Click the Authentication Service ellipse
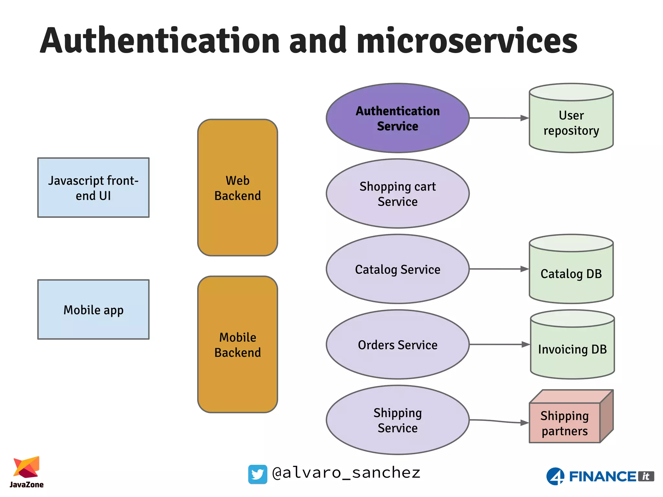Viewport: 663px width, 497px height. point(398,118)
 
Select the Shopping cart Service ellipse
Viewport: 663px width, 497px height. point(398,193)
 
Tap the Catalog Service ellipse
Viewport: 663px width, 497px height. point(398,269)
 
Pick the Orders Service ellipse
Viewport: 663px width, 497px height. point(398,345)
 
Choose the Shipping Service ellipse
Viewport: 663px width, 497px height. point(398,420)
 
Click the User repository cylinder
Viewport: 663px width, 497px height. point(571,123)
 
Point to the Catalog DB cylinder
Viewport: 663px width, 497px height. point(571,273)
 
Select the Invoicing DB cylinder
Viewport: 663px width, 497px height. point(572,349)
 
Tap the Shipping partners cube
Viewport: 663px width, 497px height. point(565,423)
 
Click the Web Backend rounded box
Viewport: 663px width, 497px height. point(238,188)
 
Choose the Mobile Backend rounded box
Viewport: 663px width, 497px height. point(238,345)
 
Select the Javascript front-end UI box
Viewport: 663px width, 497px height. point(93,188)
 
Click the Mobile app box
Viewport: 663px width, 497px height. point(93,310)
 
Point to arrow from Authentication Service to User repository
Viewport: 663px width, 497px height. point(499,118)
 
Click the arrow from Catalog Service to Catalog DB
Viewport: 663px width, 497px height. point(499,269)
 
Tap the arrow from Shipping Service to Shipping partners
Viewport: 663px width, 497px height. point(499,421)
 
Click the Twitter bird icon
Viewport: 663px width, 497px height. point(258,474)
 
